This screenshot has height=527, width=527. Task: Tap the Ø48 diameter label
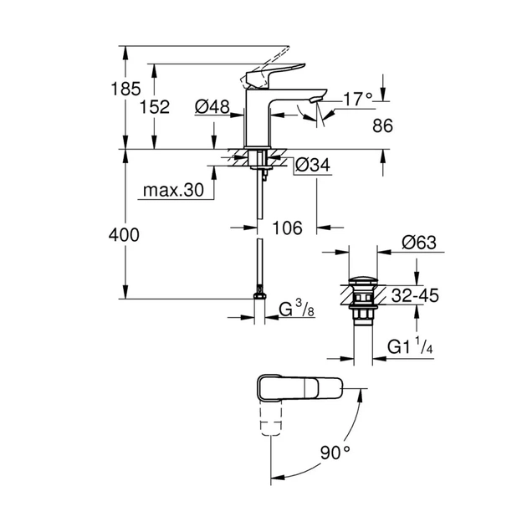(211, 106)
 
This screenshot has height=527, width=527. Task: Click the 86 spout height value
(382, 125)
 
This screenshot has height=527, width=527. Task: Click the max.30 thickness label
(172, 191)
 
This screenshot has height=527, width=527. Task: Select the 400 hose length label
(124, 235)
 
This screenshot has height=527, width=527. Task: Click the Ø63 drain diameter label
(418, 243)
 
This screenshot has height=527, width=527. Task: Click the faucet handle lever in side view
(268, 72)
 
